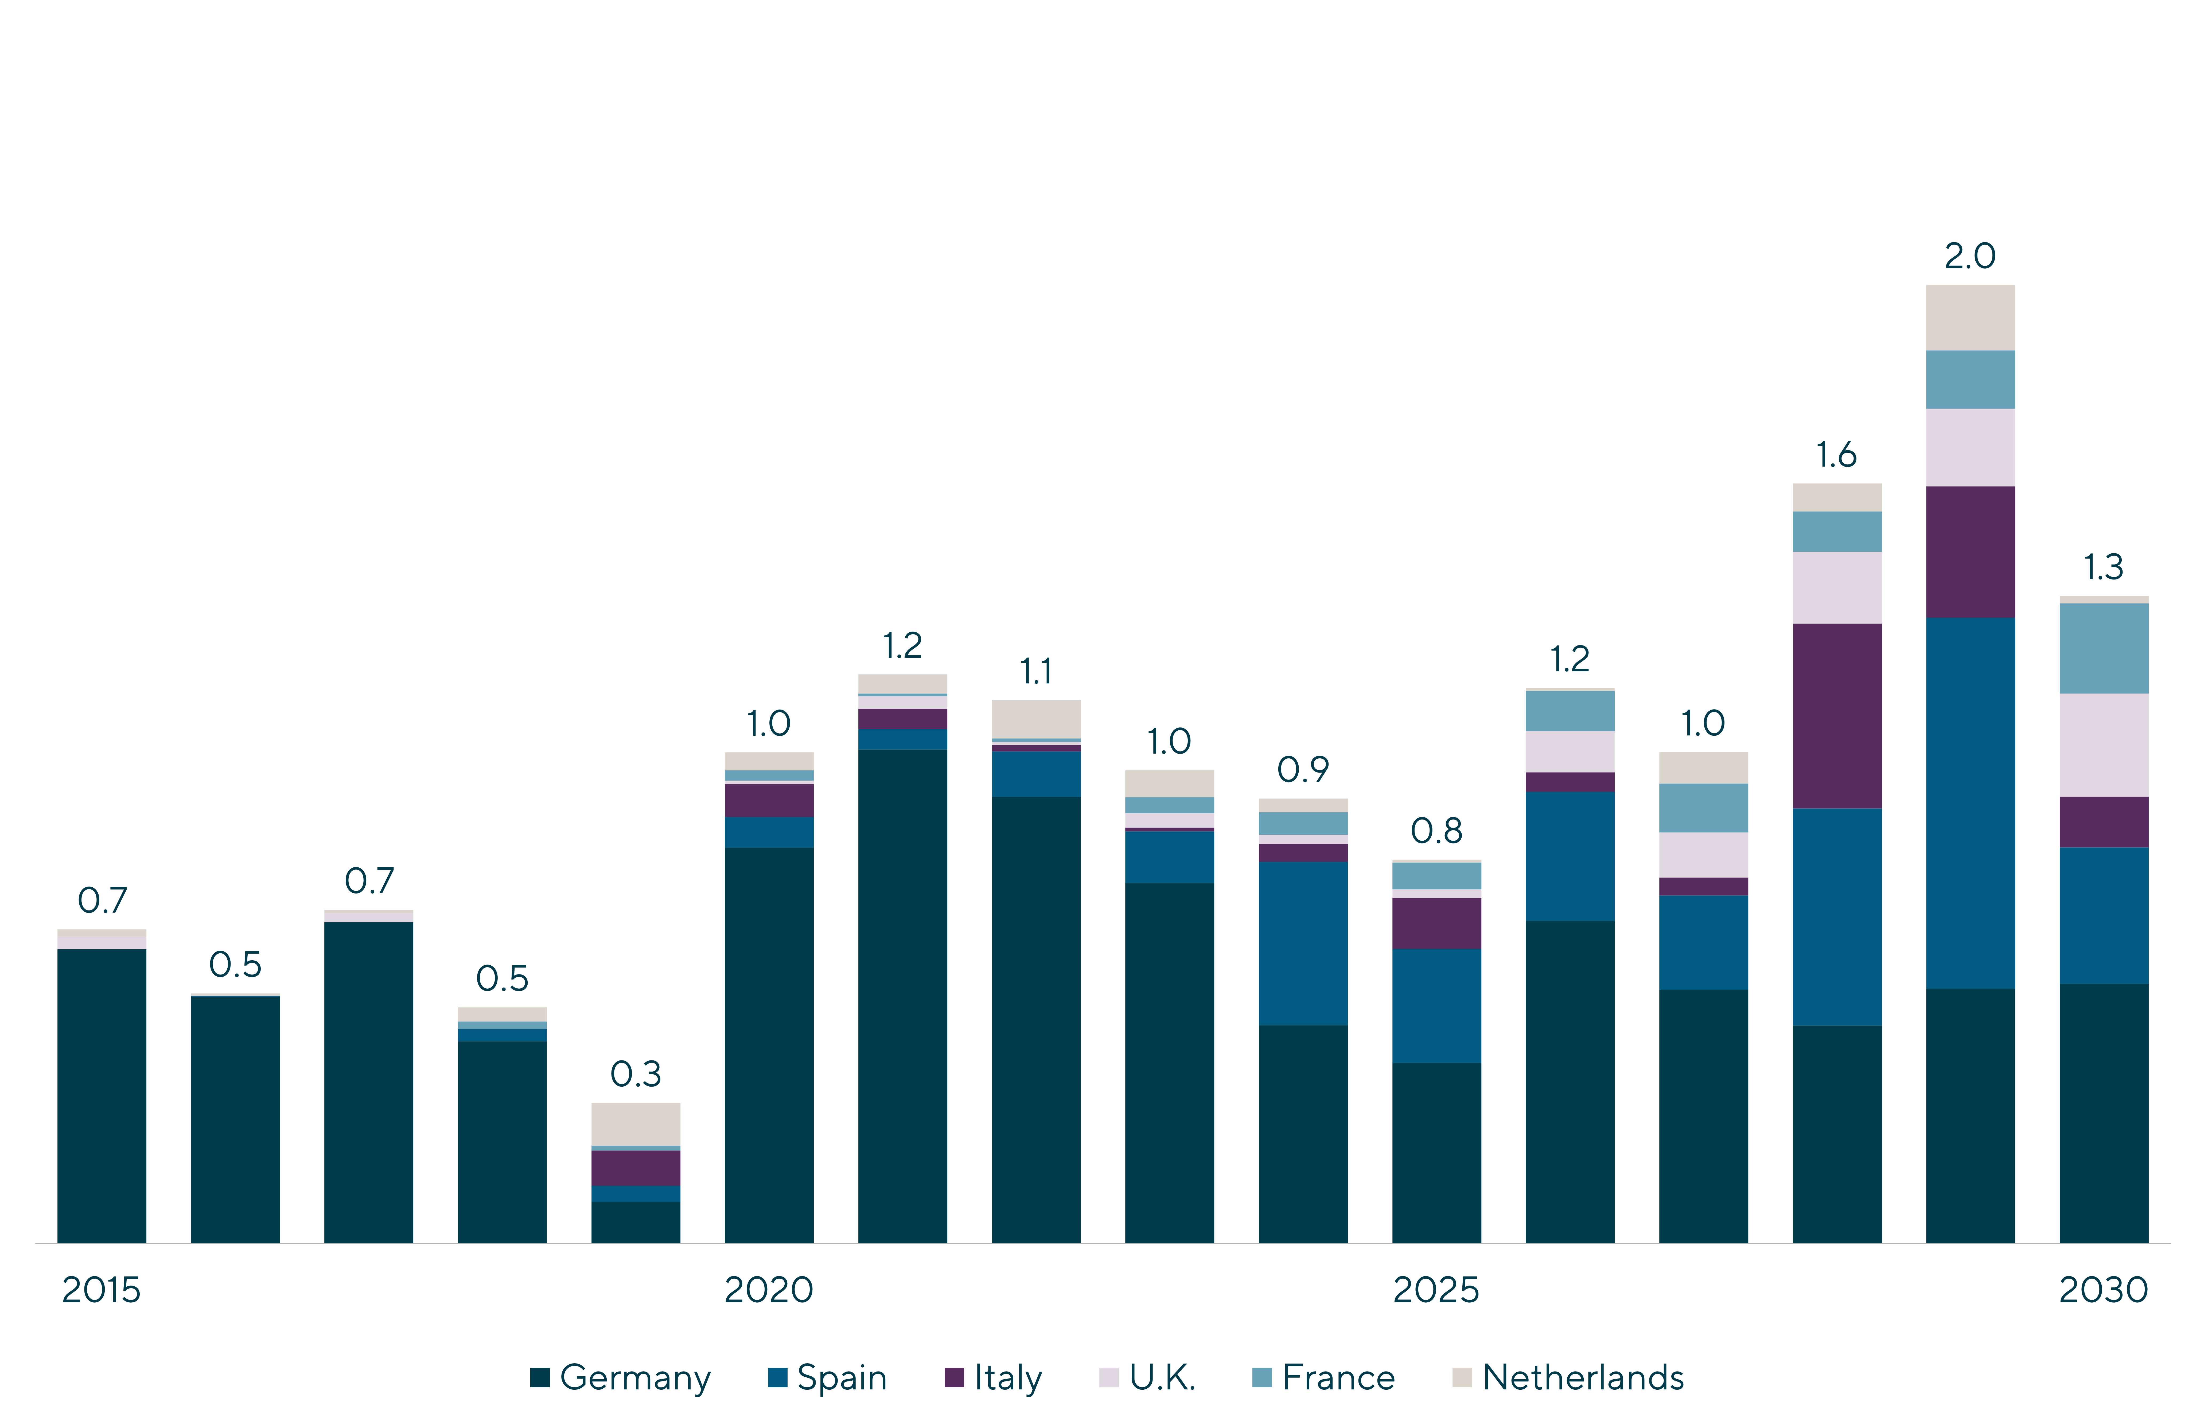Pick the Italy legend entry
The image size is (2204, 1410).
click(x=994, y=1378)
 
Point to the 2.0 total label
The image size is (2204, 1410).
click(x=1971, y=256)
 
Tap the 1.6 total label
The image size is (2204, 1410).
click(x=1837, y=455)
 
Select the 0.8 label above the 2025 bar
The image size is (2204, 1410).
click(x=1437, y=831)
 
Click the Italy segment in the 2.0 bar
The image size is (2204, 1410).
click(x=1971, y=552)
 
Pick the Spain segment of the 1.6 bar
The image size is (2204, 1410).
click(x=1837, y=916)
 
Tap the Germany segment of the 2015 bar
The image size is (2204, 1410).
click(x=102, y=1096)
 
